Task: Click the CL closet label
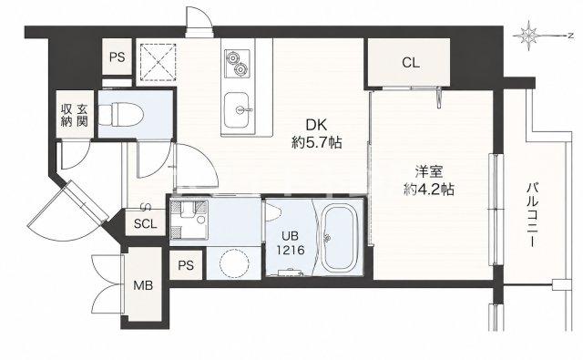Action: click(x=411, y=63)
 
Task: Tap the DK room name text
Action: click(x=316, y=126)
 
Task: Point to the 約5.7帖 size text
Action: click(x=316, y=142)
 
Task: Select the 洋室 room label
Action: click(x=429, y=172)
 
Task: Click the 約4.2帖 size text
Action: click(x=429, y=190)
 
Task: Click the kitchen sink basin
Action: click(x=237, y=109)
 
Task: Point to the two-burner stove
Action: click(x=237, y=63)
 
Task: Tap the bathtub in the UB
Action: click(x=338, y=238)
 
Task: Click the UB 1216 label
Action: click(x=290, y=242)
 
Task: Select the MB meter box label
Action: click(x=143, y=285)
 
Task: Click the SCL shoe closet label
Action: click(x=146, y=223)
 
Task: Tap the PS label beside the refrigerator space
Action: click(x=118, y=57)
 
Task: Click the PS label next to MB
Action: click(x=186, y=265)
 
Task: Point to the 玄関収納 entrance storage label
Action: click(x=75, y=116)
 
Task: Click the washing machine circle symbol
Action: click(x=234, y=262)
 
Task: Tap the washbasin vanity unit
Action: click(x=189, y=220)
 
